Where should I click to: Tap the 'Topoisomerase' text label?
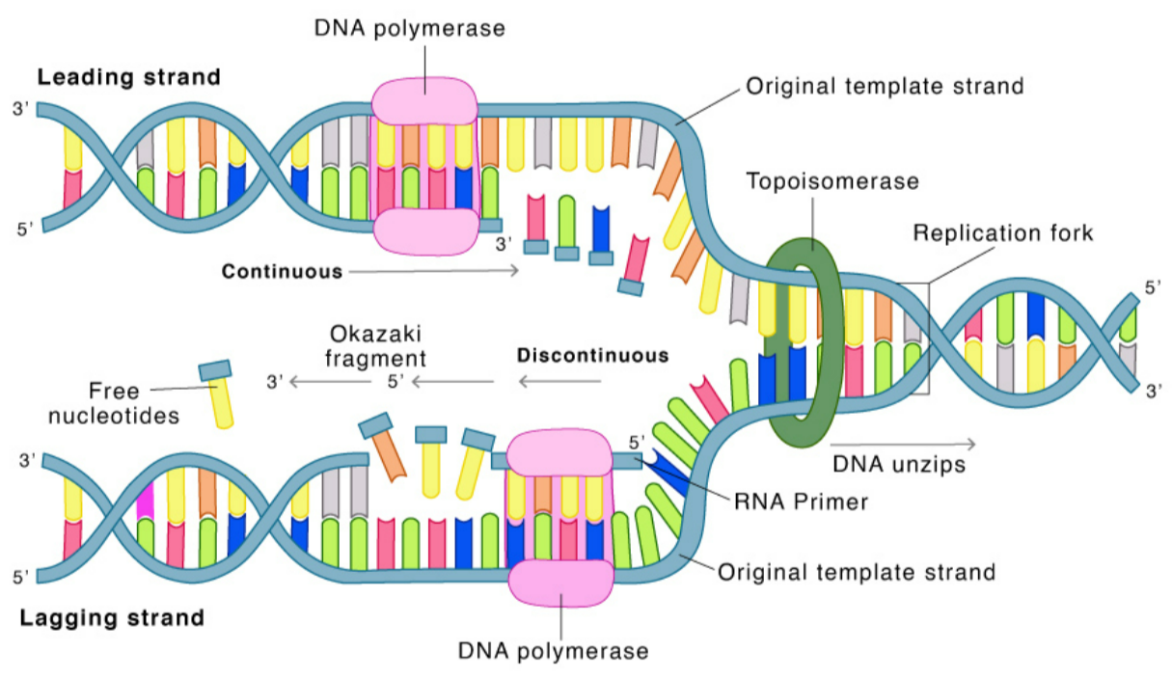coord(831,181)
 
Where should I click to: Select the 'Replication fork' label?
coord(1003,233)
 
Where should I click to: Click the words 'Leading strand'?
coord(128,76)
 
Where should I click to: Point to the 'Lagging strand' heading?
coord(112,617)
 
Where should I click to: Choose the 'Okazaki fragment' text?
coord(376,347)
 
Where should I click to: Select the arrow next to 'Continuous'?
coord(434,272)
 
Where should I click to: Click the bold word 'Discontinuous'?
coord(592,355)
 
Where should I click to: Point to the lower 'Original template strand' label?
coord(857,572)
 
